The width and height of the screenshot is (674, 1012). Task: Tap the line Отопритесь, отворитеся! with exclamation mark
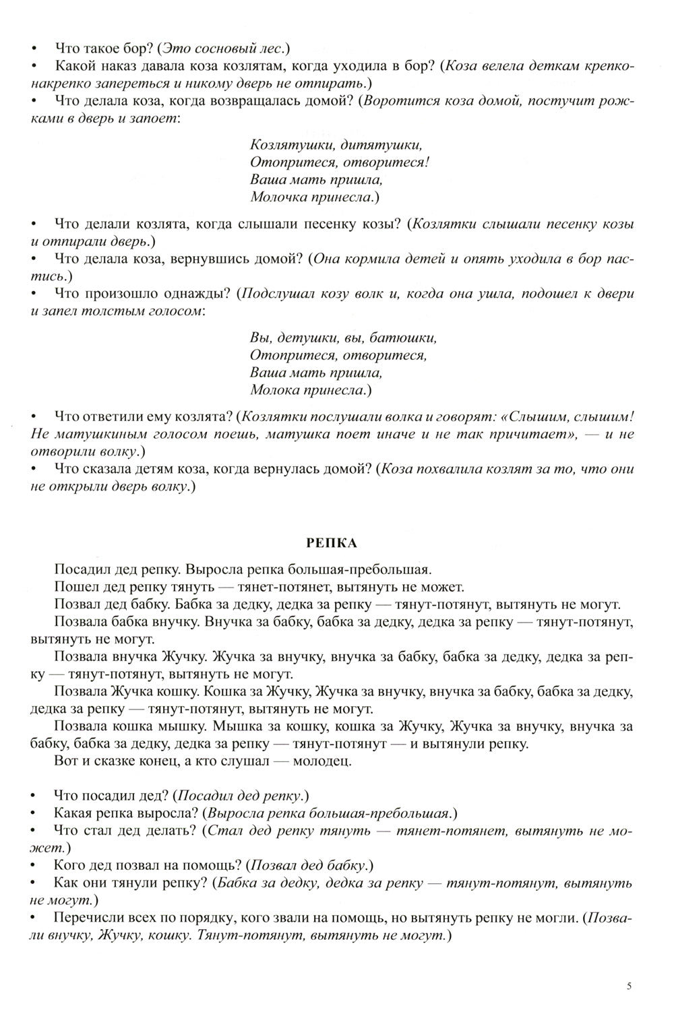tap(340, 162)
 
